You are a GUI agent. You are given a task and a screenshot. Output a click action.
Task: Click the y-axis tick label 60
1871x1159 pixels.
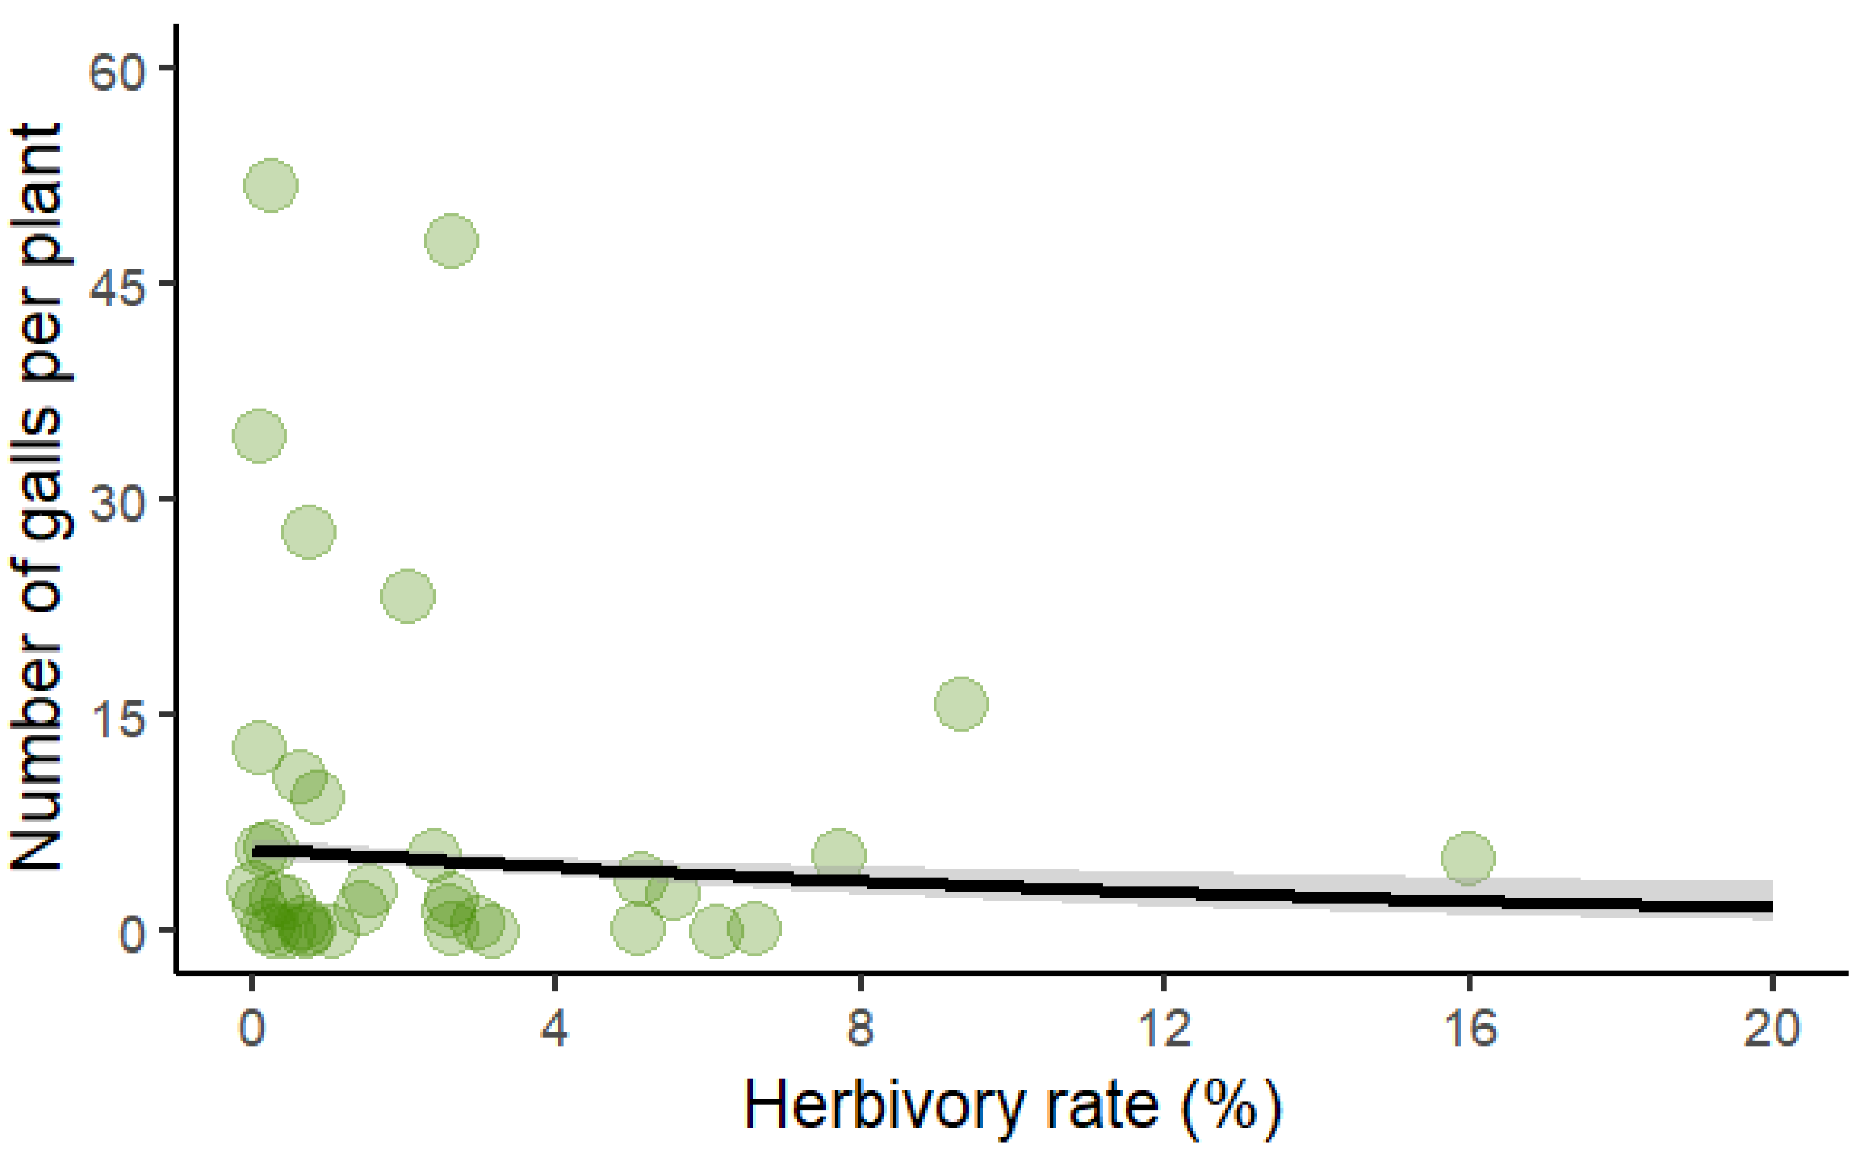click(117, 74)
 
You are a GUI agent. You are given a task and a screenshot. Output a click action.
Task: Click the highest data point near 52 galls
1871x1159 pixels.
click(271, 185)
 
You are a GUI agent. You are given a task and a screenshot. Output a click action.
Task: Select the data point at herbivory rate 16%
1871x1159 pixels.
click(1468, 858)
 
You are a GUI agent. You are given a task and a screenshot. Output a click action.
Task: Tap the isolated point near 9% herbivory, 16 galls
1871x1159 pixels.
click(960, 703)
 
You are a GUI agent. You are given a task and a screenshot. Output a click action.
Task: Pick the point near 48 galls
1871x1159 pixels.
click(452, 241)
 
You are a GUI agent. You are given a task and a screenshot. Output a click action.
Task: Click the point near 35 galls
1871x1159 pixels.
click(259, 436)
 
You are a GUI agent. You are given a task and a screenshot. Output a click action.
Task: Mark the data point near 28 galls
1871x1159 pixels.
click(308, 532)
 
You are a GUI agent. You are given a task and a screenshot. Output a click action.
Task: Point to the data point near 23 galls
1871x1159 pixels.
click(408, 596)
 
